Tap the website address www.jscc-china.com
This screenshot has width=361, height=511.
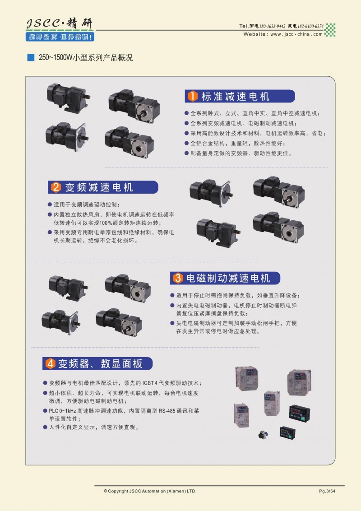coord(296,34)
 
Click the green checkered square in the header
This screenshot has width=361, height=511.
coord(330,30)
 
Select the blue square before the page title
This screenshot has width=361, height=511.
coord(31,58)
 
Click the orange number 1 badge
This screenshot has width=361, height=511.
coord(193,96)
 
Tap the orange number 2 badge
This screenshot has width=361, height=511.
coord(56,187)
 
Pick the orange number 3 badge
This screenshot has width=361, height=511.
coord(178,278)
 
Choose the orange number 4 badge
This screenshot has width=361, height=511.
coord(50,363)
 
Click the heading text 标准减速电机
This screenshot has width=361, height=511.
coord(235,97)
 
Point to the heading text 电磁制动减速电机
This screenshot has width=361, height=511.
coord(228,278)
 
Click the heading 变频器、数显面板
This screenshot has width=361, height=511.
coord(100,363)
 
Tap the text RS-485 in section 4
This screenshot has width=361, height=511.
coord(167,411)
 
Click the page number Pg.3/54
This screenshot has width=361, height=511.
coord(327,491)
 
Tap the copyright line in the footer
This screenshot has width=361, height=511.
coord(150,491)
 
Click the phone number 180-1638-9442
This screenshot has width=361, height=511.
coord(273,26)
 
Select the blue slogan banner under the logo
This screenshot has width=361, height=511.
coord(60,37)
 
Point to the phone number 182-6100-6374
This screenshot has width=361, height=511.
coord(310,26)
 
